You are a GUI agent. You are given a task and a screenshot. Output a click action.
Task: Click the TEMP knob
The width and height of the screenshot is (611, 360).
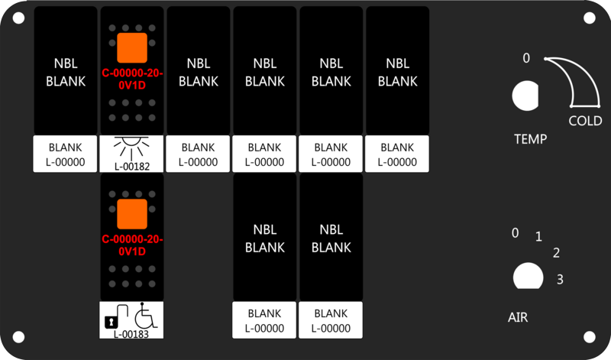coord(525,96)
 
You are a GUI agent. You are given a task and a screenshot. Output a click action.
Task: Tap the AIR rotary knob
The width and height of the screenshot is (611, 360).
coord(528,276)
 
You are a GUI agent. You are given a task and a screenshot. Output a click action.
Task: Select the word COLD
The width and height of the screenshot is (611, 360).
coord(585,121)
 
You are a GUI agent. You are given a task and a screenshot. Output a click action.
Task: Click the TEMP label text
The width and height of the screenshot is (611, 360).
coord(530,139)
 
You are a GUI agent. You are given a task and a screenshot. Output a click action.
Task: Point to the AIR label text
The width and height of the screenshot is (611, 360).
coord(518,317)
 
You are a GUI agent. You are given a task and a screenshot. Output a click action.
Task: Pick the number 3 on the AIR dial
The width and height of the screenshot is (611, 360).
coord(560,279)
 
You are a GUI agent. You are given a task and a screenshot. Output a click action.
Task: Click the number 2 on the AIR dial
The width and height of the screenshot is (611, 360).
coord(557,253)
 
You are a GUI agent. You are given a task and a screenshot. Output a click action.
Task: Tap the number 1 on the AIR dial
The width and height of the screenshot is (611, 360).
coord(538,236)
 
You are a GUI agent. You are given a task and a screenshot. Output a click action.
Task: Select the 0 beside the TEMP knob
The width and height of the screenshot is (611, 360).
coord(526,58)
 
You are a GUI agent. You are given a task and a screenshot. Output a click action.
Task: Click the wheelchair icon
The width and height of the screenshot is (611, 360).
coord(146,316)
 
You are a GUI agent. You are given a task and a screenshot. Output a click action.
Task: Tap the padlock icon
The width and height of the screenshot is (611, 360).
coord(111,323)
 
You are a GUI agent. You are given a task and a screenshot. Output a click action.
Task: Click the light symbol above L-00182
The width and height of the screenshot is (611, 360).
coord(131,147)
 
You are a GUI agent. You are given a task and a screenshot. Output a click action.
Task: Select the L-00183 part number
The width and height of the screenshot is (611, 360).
coord(131,334)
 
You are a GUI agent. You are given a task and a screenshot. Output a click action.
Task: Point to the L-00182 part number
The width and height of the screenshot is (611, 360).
coord(132,167)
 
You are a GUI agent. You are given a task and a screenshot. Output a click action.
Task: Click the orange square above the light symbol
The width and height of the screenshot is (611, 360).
coord(132,48)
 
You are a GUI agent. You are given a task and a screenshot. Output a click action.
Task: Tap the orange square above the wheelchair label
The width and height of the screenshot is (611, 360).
coord(132,214)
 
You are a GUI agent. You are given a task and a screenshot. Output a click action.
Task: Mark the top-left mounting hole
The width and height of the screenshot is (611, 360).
coord(18,18)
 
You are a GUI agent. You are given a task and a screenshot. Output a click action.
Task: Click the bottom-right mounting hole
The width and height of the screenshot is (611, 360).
coord(589,337)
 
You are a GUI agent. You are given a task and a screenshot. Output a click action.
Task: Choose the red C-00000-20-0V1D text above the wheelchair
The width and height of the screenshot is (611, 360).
coord(132,245)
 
